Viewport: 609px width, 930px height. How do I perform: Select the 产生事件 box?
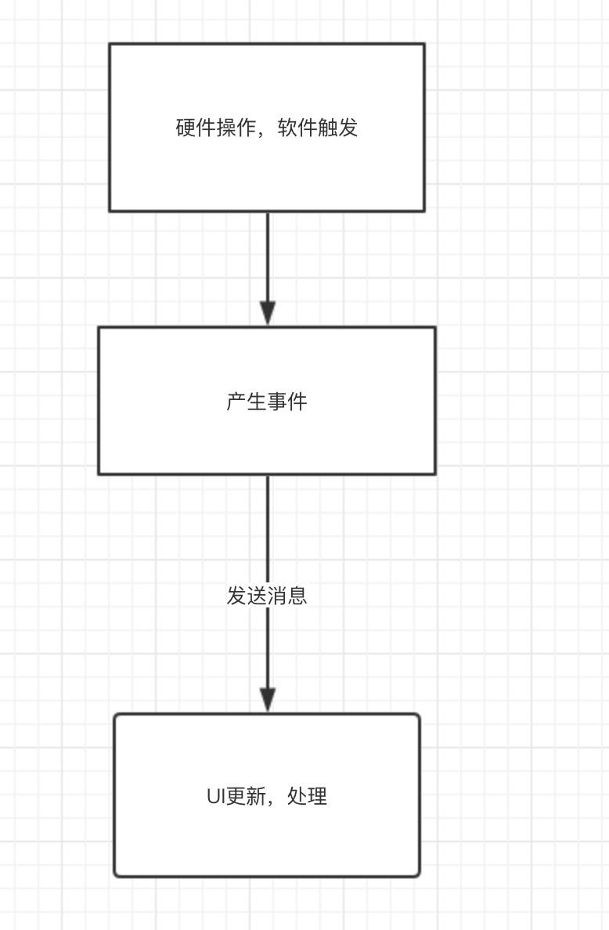click(267, 438)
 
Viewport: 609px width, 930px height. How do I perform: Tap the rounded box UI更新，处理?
click(267, 838)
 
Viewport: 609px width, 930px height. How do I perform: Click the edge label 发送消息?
click(267, 596)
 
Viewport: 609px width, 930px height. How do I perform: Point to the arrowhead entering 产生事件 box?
click(268, 314)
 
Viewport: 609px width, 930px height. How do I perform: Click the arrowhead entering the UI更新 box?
click(268, 700)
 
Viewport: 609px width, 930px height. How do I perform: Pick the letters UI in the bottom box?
click(215, 797)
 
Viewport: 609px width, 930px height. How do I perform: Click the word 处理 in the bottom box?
click(308, 797)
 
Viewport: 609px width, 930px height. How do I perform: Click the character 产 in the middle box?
click(236, 402)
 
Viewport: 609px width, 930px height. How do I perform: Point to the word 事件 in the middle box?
click(287, 402)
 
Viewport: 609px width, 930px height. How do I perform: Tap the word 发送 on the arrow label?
click(247, 596)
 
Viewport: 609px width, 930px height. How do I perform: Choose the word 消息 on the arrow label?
click(287, 596)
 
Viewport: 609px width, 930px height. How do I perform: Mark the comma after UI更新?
click(272, 802)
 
